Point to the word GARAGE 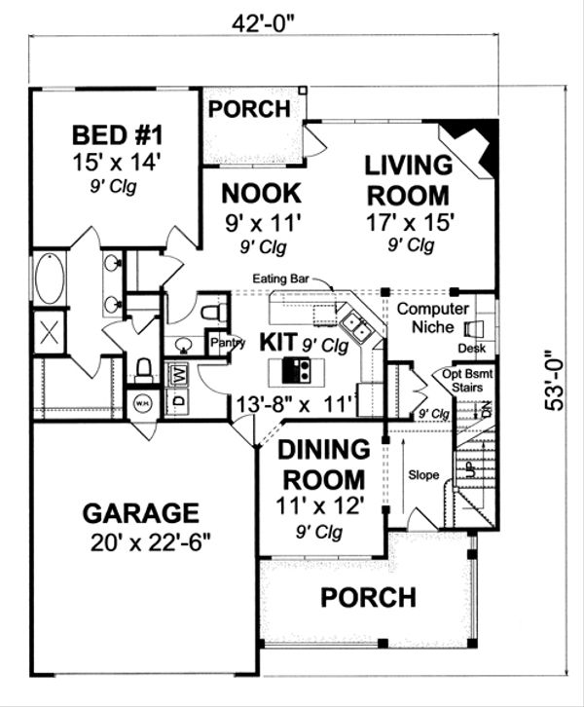(140, 512)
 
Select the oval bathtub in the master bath (49, 279)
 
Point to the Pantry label (227, 342)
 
